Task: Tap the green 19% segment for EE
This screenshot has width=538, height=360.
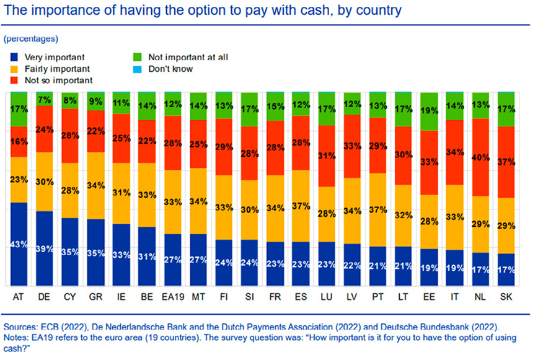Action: [x=430, y=112]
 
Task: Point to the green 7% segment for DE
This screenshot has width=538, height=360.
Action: [x=45, y=99]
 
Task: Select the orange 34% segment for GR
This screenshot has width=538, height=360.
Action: [x=95, y=185]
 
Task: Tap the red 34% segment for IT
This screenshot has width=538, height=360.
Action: [x=455, y=152]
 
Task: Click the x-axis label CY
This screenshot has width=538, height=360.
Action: [x=70, y=297]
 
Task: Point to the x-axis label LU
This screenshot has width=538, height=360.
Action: [x=326, y=297]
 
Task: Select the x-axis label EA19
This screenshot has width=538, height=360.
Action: [x=173, y=297]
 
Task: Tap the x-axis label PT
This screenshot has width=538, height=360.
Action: [x=377, y=297]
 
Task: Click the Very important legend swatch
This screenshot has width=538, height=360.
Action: [x=14, y=57]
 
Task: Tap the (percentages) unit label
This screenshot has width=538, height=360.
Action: [x=31, y=38]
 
